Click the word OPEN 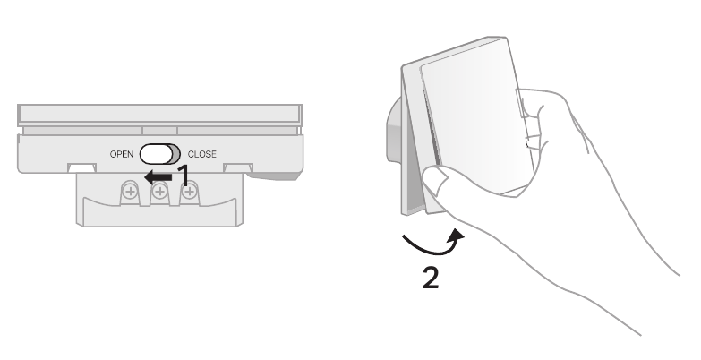121,154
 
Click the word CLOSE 202,154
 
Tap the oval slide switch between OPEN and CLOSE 160,154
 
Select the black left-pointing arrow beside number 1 158,177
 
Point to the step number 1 184,176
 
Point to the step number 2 431,279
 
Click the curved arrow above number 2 432,244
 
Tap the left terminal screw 130,193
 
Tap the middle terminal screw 159,193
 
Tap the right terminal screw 190,193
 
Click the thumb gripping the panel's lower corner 436,181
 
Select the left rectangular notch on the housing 81,168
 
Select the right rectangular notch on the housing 238,168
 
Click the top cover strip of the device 159,115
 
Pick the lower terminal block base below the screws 160,214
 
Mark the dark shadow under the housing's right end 274,176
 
